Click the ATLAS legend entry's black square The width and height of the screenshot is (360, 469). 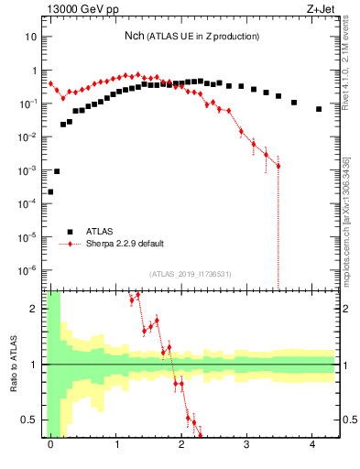click(69, 232)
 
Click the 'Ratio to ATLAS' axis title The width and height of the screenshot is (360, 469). click(12, 364)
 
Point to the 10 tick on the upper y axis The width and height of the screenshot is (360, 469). click(31, 37)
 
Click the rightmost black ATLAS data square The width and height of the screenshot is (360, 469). click(319, 109)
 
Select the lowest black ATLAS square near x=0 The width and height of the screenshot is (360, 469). click(50, 191)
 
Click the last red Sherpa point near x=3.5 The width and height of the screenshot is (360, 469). click(278, 166)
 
